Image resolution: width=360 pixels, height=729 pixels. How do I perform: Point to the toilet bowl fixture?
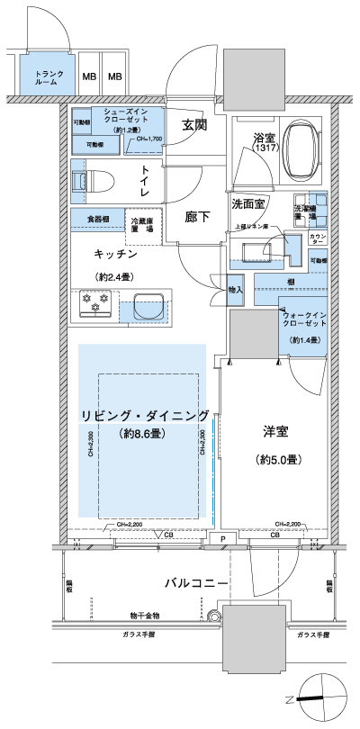93,179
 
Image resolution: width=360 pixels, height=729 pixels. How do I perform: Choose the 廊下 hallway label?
198,216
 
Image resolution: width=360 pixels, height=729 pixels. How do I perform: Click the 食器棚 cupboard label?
99,218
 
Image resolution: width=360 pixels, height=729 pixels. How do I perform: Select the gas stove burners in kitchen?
94,304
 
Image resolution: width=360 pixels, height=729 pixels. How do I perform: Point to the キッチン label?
107,255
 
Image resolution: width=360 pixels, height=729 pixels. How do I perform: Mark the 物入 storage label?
236,290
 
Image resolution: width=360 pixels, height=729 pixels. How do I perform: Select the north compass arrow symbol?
311,697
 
